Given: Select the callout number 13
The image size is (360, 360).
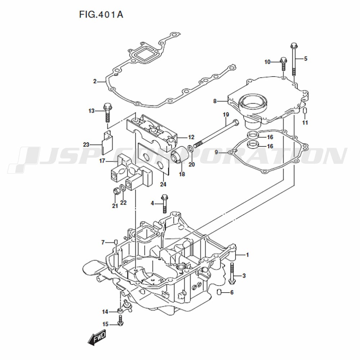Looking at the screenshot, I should point(91,111).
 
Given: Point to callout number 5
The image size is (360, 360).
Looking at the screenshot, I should point(306,59).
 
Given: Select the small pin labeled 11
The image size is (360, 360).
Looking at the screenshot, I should point(305,111).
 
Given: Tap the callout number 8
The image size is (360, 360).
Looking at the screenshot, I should point(215,102).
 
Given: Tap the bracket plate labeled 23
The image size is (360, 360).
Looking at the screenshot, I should point(107,143).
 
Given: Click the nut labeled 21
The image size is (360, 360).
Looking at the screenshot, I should point(116,191).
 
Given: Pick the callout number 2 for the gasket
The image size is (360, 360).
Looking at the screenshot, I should point(95,81).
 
